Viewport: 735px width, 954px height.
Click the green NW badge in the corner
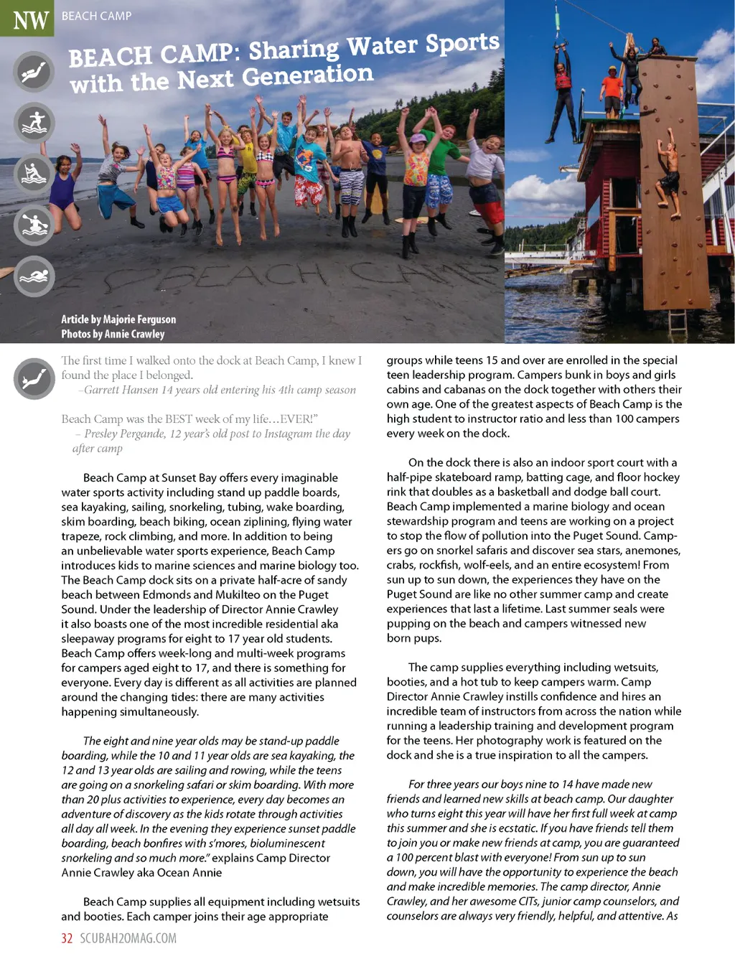pyautogui.click(x=27, y=19)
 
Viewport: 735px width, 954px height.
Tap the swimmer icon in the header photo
pyautogui.click(x=34, y=276)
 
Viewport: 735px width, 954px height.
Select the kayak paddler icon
pyautogui.click(x=34, y=174)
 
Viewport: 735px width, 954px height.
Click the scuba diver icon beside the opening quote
pyautogui.click(x=34, y=378)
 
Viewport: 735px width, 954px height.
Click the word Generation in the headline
pyautogui.click(x=308, y=75)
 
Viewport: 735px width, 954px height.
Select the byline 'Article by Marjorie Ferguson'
pyautogui.click(x=118, y=319)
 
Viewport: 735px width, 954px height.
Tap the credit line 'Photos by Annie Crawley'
pyautogui.click(x=113, y=334)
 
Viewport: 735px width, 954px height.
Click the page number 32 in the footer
pyautogui.click(x=67, y=938)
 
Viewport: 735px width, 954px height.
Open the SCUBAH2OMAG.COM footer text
pyautogui.click(x=128, y=938)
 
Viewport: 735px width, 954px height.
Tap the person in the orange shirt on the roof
pyautogui.click(x=611, y=90)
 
